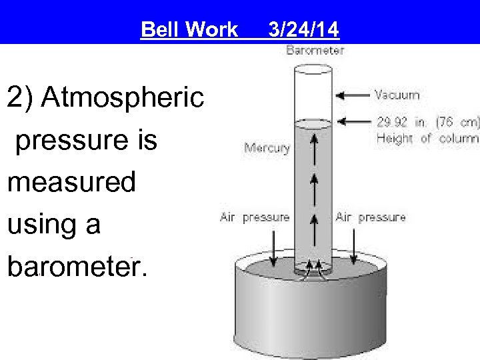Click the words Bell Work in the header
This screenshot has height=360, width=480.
click(189, 29)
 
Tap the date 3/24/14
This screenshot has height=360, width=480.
click(303, 29)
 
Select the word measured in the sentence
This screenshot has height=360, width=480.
click(71, 182)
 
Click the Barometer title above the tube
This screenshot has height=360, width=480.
click(315, 50)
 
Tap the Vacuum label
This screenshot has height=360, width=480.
click(397, 95)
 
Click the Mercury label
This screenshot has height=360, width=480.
click(267, 148)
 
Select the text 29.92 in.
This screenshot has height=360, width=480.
click(401, 122)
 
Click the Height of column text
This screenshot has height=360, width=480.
click(427, 139)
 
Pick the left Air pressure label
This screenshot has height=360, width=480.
click(255, 217)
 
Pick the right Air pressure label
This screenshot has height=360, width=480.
click(370, 217)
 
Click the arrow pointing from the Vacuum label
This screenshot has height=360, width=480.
click(351, 95)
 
